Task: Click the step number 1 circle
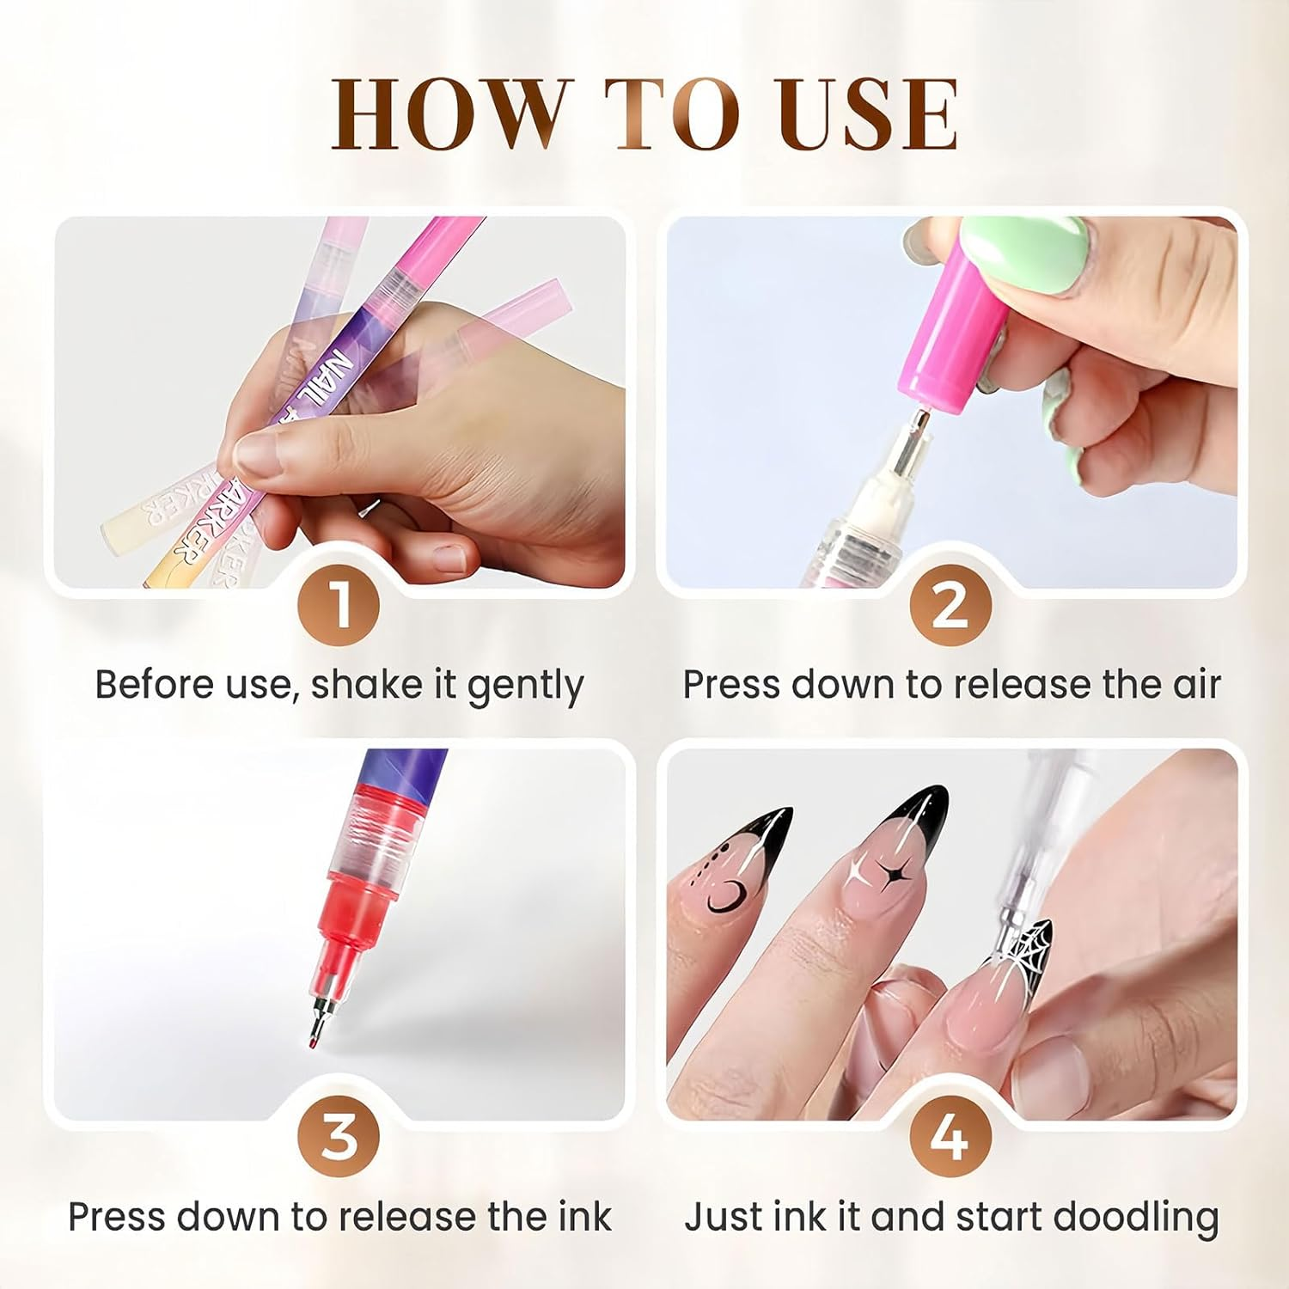click(339, 606)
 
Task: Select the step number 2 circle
click(950, 606)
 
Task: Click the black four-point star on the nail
click(885, 877)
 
